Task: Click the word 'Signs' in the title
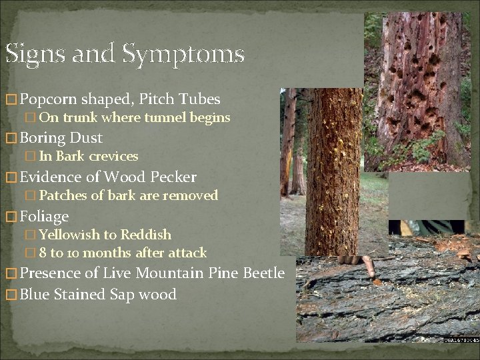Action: click(x=33, y=53)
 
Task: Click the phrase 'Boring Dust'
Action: click(x=61, y=138)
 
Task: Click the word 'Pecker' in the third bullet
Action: click(x=173, y=177)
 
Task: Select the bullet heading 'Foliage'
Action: click(x=45, y=216)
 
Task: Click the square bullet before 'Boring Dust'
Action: click(x=11, y=139)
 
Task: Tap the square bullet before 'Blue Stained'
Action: click(x=11, y=295)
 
